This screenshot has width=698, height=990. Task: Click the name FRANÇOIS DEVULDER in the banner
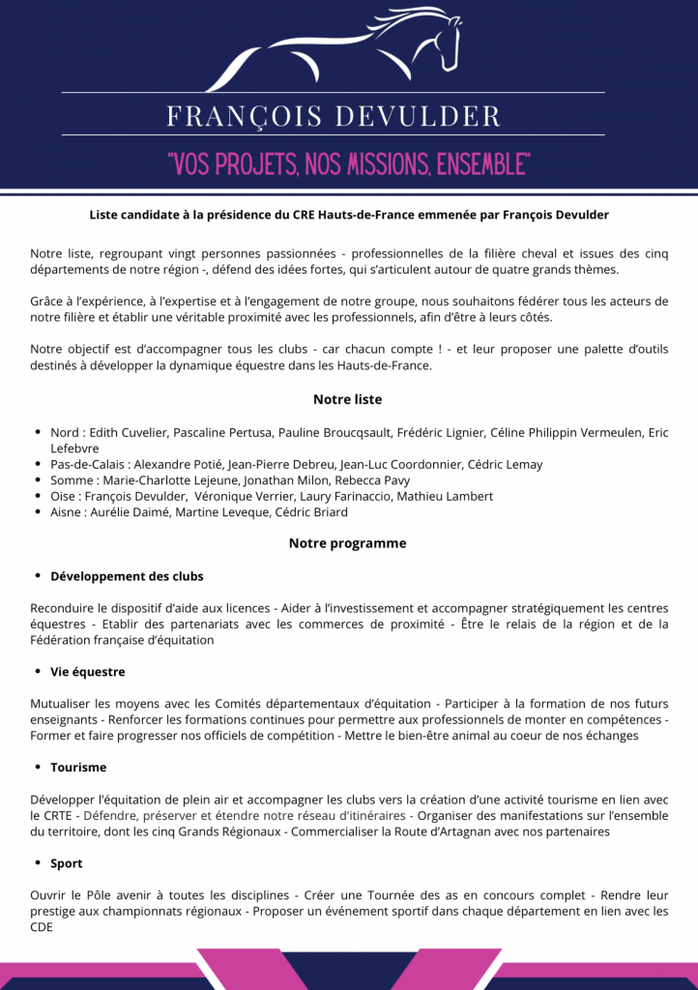334,117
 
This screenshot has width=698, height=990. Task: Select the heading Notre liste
347,399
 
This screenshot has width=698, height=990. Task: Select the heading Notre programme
347,543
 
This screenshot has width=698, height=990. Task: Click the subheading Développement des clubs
127,576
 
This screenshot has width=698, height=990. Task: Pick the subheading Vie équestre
88,672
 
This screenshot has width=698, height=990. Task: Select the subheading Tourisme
80,768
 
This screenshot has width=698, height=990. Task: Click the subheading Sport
67,863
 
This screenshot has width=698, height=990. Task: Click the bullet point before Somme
38,480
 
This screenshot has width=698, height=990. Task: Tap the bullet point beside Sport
38,863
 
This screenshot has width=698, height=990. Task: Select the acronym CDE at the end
42,927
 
